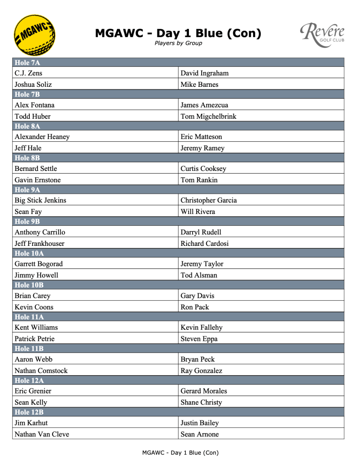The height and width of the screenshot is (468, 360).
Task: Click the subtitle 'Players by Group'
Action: click(178, 43)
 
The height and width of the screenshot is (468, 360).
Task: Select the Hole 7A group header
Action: click(27, 63)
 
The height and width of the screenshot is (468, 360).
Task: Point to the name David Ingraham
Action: click(204, 73)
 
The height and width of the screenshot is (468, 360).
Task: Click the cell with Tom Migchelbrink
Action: click(208, 117)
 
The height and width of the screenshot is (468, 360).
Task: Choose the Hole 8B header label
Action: click(27, 158)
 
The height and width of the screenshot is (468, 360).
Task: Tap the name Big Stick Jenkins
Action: click(41, 200)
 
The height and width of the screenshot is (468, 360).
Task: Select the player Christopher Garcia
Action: click(209, 200)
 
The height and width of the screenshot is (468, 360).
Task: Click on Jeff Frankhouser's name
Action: click(39, 244)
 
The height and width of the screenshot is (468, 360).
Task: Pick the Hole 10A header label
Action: click(29, 253)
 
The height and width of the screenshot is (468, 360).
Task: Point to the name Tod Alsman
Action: click(199, 275)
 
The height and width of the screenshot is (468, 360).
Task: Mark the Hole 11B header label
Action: click(29, 349)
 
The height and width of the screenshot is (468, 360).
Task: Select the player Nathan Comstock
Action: click(41, 371)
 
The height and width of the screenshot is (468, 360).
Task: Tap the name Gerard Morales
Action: click(204, 391)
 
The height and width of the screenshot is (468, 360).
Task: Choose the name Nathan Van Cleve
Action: click(42, 434)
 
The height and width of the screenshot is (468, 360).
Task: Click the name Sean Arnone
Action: click(199, 434)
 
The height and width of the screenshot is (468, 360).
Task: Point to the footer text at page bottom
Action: click(180, 453)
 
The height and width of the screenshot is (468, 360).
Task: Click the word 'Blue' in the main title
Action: click(209, 33)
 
